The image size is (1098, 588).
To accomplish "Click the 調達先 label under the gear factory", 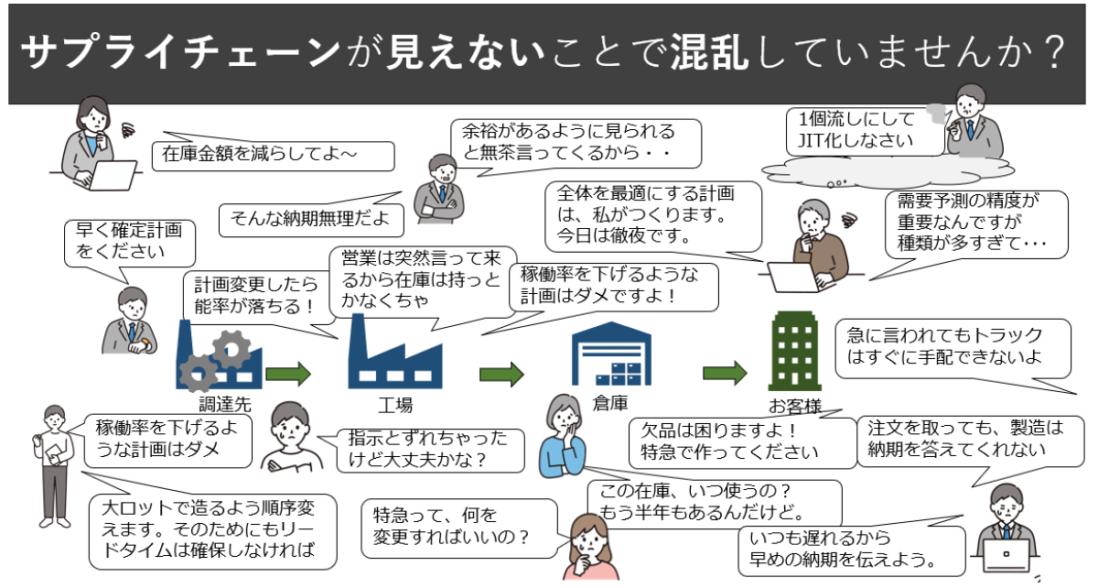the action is coord(225,404).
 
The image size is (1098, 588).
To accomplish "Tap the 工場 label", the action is coord(395,405).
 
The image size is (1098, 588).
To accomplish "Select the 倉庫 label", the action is coord(610,403).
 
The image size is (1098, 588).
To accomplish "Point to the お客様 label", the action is coord(794,407).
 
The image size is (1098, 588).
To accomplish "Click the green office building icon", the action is coord(794,351).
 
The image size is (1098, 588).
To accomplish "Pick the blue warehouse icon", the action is coord(612,354).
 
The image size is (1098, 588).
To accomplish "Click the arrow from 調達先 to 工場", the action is coord(288,374).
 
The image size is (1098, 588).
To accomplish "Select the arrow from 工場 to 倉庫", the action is coord(501,375).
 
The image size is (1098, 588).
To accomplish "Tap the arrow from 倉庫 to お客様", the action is coord(725,374).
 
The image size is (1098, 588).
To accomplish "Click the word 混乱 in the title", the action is coord(709,52).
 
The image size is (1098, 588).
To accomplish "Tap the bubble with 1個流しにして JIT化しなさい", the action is coord(866,131).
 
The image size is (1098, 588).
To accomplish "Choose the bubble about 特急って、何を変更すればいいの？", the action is coord(459,528).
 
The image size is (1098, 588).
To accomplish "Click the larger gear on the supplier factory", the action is coord(231,349).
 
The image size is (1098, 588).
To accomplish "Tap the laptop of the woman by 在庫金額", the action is coord(112,175).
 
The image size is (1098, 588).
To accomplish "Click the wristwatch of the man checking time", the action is coord(145,344).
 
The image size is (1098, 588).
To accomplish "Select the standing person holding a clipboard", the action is coord(54,465).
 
